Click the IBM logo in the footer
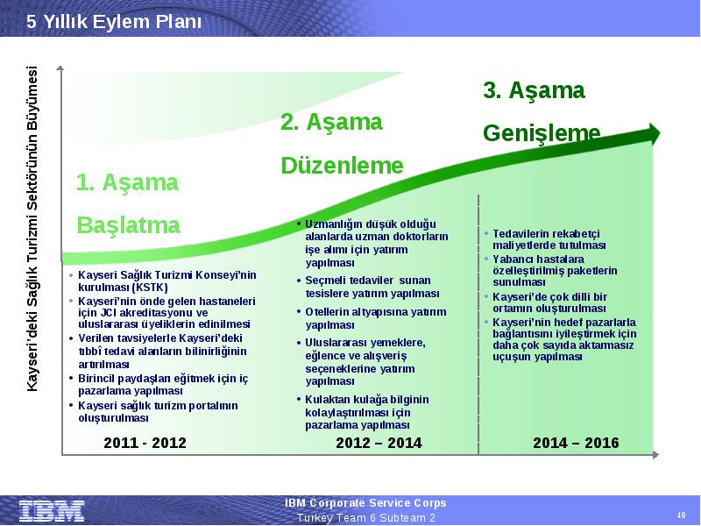click(52, 510)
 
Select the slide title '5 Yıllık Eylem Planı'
click(114, 21)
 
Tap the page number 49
click(682, 515)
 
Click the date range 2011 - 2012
click(145, 443)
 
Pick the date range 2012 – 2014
click(379, 443)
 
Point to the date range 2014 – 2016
click(576, 443)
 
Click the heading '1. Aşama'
click(127, 182)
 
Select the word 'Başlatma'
click(128, 225)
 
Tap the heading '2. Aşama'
click(332, 122)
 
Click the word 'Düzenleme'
click(342, 166)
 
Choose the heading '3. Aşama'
click(534, 90)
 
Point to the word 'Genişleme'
click(542, 133)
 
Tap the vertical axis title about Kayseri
click(32, 229)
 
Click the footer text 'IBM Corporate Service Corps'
click(365, 503)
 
